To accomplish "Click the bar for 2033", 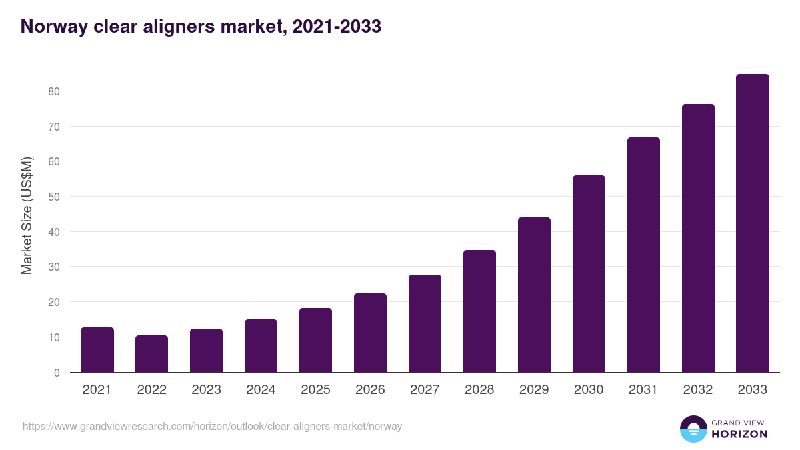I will coord(752,223).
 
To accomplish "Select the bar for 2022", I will coord(151,354).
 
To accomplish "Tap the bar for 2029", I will coord(534,295).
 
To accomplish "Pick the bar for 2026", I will coord(370,333).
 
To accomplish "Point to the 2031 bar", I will coord(643,255).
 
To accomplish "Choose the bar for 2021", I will coord(97,350).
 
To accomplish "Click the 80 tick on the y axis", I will coord(54,91).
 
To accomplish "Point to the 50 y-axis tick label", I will coord(54,197).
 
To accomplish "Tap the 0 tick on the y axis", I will coord(57,373).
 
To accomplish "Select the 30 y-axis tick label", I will coord(54,267).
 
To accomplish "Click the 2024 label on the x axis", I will coord(261,390).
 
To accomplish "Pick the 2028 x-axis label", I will coord(479,390).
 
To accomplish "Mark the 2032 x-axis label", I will coord(698,390).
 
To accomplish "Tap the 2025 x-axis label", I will coord(315,390).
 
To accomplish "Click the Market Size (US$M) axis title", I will coord(27,215).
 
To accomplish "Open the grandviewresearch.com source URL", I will coord(212,426).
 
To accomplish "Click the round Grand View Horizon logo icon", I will coord(693,429).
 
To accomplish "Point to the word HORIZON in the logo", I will coord(739,434).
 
